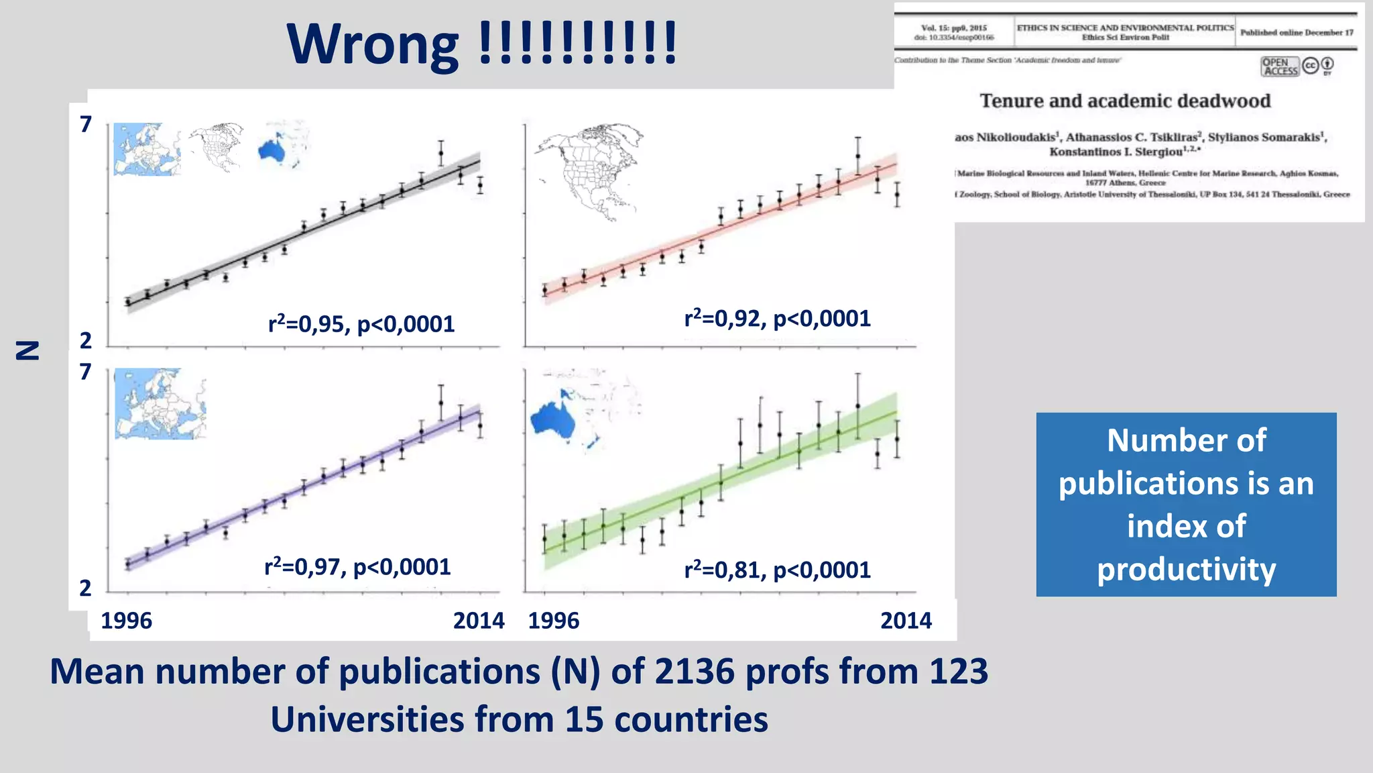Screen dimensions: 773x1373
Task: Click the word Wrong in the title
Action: pos(372,45)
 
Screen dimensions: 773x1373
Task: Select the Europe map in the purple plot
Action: pos(160,403)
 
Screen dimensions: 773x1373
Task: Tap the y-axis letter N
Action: pos(28,350)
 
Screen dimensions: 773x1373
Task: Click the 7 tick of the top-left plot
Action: pos(85,125)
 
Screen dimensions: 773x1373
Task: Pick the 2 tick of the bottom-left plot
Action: pos(85,588)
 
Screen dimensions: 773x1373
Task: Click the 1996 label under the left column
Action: pos(126,621)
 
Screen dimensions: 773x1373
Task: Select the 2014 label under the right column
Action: pos(906,621)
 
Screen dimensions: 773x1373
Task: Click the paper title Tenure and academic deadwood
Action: pos(1125,101)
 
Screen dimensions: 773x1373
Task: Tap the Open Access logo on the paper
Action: pos(1280,66)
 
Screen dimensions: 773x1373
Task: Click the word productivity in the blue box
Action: pos(1186,570)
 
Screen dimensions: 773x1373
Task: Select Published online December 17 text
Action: pos(1297,32)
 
